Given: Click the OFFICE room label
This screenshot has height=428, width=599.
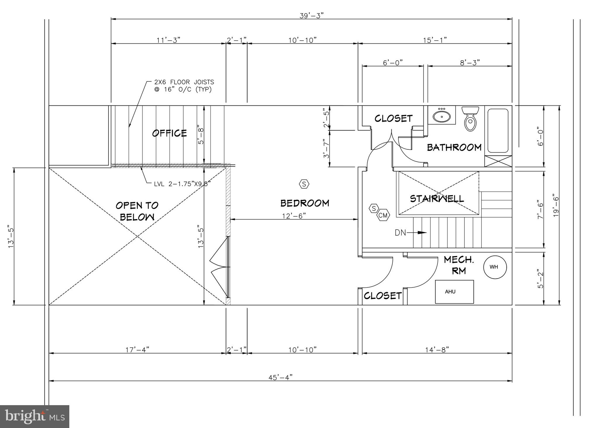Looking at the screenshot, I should point(169,133).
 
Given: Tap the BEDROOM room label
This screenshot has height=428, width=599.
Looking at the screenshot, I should point(305,203).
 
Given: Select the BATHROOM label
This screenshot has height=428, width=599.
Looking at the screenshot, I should point(454,147).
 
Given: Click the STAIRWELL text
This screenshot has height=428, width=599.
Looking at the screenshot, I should point(437,199).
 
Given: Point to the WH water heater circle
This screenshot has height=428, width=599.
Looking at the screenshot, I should point(495,267).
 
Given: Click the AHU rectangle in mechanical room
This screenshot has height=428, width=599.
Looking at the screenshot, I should point(454,291).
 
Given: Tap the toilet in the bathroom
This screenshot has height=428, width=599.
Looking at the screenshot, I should point(470,120).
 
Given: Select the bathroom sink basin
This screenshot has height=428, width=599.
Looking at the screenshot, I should point(442,116).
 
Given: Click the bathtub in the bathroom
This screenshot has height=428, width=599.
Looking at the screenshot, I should point(498,131).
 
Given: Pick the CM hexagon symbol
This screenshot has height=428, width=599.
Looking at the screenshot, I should point(383,216).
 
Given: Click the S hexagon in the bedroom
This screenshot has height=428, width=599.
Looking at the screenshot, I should point(304,184).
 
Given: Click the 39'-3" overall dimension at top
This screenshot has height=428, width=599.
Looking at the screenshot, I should point(311,16).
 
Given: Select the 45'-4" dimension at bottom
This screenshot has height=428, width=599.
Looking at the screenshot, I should point(280,377).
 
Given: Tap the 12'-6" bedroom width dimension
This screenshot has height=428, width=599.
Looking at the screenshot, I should point(294,216).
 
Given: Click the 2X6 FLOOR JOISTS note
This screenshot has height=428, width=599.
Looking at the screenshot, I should point(184,86).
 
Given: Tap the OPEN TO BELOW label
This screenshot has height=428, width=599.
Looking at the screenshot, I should point(137,211).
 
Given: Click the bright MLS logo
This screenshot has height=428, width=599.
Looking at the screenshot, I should point(35,416).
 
